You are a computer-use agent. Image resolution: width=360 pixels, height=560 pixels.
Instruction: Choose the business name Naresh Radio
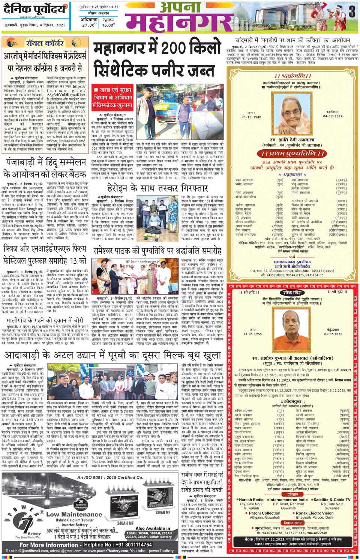[251, 500]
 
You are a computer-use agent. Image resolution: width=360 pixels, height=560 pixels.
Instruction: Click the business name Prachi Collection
[265, 513]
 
